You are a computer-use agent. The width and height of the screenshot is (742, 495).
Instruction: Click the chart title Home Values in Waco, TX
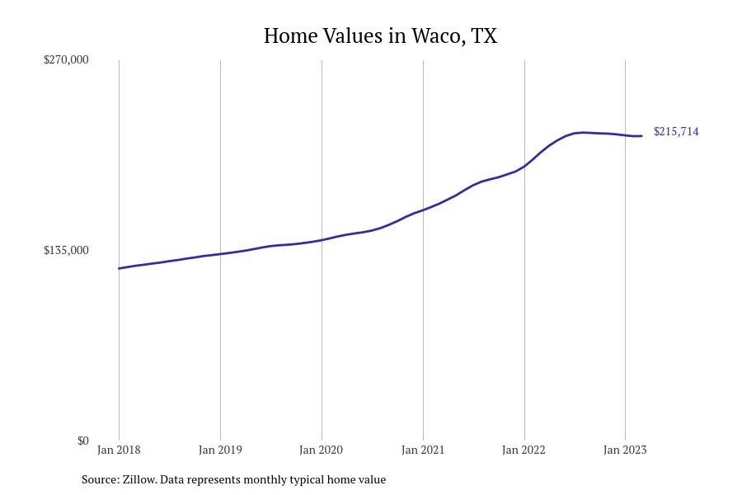click(380, 36)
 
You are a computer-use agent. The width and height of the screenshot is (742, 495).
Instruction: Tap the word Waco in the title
click(437, 36)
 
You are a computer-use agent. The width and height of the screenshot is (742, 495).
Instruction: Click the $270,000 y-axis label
click(66, 59)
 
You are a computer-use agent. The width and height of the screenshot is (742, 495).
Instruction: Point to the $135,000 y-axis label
click(66, 250)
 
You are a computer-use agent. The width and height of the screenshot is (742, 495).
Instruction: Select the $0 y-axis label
click(82, 441)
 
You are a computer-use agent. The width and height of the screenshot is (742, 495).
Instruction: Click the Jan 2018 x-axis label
click(119, 450)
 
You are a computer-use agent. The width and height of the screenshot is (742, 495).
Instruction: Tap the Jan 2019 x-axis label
click(220, 450)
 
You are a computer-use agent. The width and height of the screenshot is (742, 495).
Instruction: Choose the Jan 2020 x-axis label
click(322, 450)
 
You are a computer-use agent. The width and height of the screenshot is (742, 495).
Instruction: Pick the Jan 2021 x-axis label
click(423, 450)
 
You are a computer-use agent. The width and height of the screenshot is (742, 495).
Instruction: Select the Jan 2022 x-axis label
click(524, 450)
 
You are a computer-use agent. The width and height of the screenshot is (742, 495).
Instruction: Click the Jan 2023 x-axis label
click(625, 450)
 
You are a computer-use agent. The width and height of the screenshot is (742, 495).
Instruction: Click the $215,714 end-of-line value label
click(676, 132)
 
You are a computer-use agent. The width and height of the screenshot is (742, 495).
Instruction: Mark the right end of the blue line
click(641, 136)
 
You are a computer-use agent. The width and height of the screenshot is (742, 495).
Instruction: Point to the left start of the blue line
click(120, 268)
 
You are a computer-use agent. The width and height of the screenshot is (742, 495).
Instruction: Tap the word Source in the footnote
click(99, 479)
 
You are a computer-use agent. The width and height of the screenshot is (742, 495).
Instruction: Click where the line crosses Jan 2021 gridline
click(423, 210)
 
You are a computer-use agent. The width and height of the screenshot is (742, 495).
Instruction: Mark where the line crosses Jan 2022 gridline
click(524, 166)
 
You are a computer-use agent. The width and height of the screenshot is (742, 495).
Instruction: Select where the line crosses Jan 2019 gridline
click(220, 254)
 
